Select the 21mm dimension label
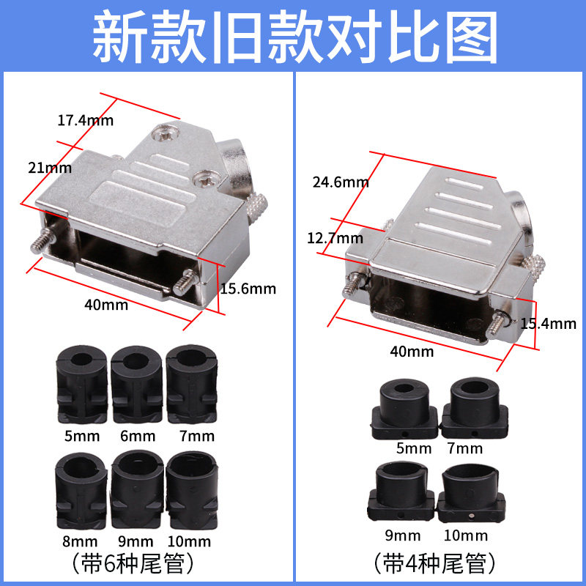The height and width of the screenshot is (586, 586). pos(50,168)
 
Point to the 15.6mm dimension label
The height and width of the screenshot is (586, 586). pos(248,289)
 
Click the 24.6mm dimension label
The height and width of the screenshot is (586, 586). pos(340,182)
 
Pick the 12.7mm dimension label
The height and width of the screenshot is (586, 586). pos(335,238)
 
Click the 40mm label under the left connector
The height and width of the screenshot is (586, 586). pos(105,304)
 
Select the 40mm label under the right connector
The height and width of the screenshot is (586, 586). pos(412,352)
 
